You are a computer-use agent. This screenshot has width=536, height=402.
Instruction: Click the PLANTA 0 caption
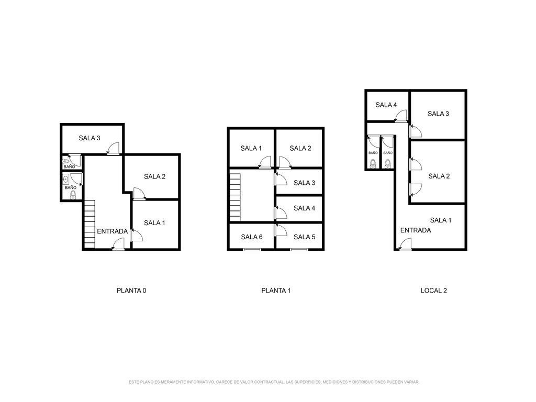tap(131, 291)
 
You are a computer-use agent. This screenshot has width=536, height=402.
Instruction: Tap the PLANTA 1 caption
tap(276, 291)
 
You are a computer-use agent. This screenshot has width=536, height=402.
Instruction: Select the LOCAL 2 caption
tap(433, 291)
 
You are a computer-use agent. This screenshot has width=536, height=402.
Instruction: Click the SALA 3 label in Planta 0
tap(89, 138)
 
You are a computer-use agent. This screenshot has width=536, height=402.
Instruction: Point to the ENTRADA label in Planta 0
tap(112, 231)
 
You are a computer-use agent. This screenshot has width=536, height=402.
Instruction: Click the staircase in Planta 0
tap(90, 224)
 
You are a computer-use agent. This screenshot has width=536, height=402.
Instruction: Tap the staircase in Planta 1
tap(235, 197)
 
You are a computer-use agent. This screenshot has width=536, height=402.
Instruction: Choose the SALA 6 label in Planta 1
tap(252, 237)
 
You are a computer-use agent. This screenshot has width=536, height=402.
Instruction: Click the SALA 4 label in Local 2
tap(386, 105)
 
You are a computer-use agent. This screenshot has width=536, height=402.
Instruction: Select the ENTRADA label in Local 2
tap(415, 230)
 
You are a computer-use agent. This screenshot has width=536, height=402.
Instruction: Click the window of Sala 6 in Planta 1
tap(252, 250)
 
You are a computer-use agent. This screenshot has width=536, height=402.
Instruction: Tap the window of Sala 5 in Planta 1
tap(299, 250)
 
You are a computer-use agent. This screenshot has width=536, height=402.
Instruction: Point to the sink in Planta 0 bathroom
tap(66, 178)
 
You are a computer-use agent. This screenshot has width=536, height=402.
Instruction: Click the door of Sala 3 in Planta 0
tap(113, 148)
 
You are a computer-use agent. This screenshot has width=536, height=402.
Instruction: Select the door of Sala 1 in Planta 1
tap(265, 162)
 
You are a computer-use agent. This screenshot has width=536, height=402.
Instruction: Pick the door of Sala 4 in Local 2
tap(400, 116)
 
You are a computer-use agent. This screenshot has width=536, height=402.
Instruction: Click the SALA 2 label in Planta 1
tap(300, 148)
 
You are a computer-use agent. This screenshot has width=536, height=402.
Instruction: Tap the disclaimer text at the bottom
tap(274, 382)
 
